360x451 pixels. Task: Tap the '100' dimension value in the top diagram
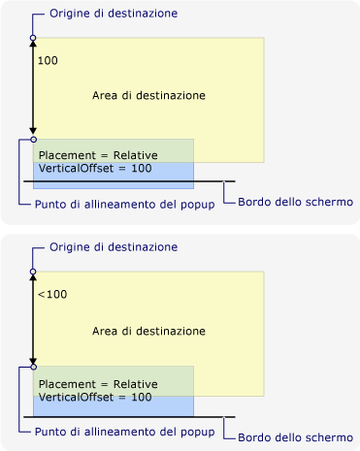[x=47, y=60]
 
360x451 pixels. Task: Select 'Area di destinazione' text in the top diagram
[x=148, y=96]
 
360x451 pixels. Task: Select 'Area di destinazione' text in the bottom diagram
[x=148, y=331]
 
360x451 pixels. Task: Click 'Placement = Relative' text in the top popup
[x=97, y=156]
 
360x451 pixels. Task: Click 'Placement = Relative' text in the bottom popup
[x=97, y=384]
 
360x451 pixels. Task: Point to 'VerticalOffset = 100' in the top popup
[x=95, y=169]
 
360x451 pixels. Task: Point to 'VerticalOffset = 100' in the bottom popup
[x=95, y=397]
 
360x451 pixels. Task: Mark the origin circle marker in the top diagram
[x=33, y=39]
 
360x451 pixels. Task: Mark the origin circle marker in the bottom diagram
[x=33, y=272]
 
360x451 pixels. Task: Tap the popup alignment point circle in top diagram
[x=33, y=139]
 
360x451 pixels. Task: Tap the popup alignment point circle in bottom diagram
[x=33, y=367]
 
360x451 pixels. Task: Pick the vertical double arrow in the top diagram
[x=33, y=89]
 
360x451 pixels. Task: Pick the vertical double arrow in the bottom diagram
[x=33, y=320]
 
